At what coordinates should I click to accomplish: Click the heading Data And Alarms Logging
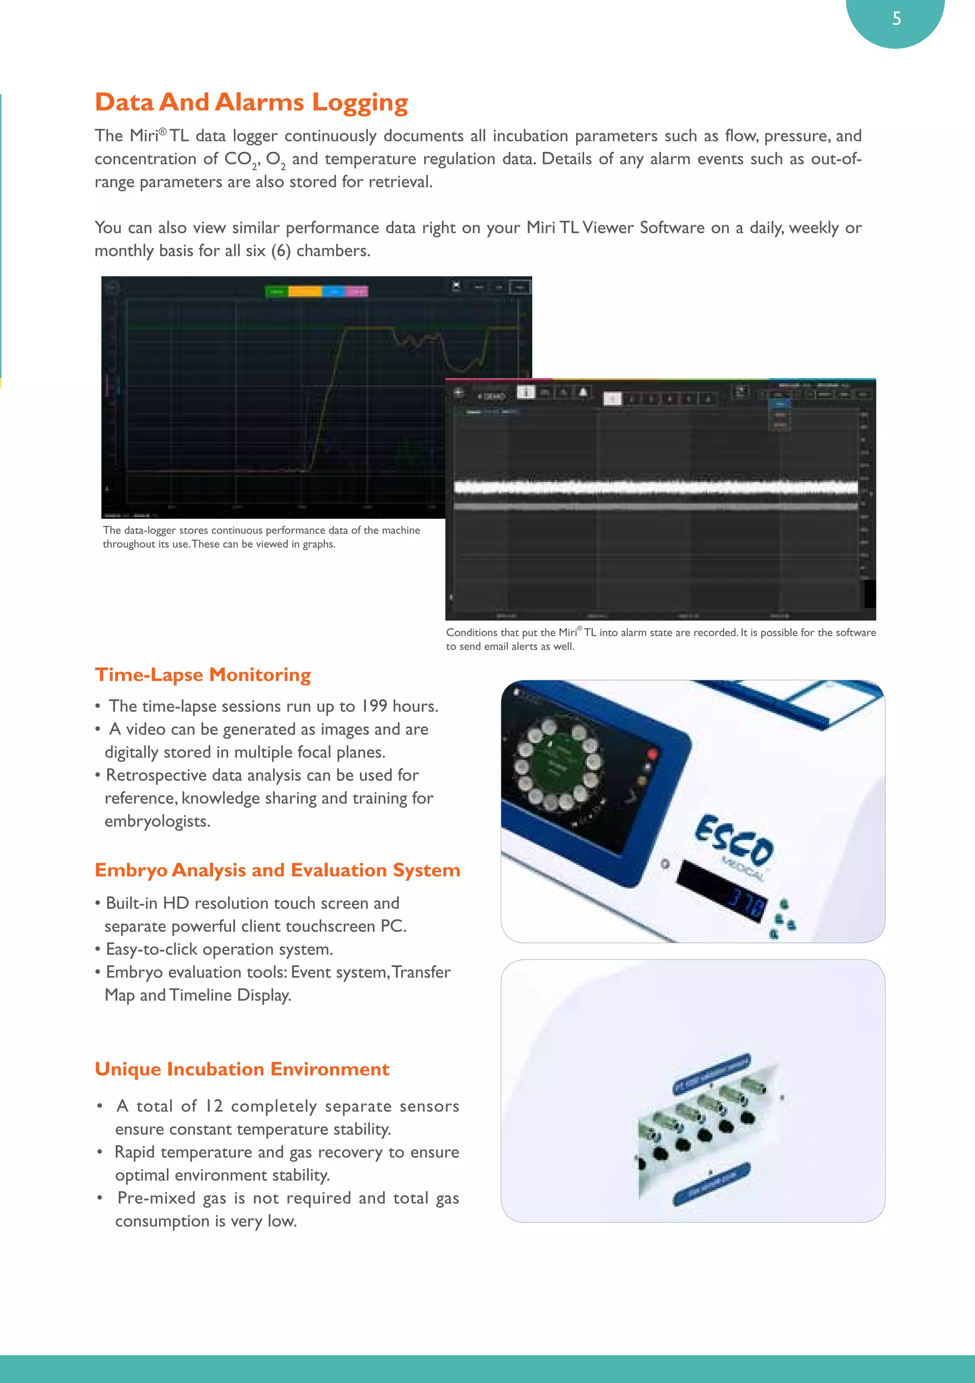click(251, 102)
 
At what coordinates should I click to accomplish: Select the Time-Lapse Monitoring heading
click(202, 675)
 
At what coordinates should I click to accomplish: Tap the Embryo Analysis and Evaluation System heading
click(277, 870)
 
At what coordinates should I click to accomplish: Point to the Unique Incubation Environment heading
click(242, 1069)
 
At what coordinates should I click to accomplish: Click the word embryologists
click(157, 821)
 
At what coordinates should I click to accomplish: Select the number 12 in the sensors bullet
click(213, 1106)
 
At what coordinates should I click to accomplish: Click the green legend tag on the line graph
click(277, 292)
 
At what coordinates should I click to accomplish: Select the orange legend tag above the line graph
click(304, 292)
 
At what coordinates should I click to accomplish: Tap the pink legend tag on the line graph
click(357, 292)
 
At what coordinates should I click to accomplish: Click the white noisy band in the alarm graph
click(656, 487)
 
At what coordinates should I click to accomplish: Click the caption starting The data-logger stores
click(261, 537)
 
